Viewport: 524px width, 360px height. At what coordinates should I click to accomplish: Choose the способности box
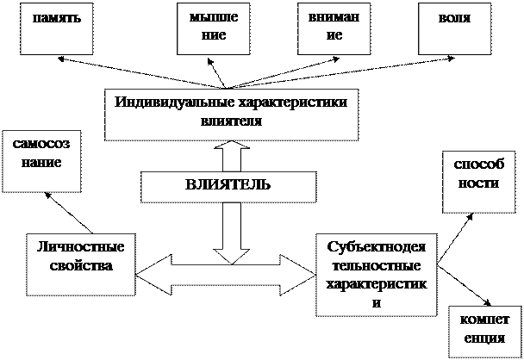[473, 182]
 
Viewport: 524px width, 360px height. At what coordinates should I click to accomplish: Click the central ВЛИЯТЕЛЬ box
[228, 185]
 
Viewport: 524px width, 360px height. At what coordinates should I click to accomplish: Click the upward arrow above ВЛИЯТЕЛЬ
[231, 157]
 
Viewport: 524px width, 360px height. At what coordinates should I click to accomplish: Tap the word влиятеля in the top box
[230, 121]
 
